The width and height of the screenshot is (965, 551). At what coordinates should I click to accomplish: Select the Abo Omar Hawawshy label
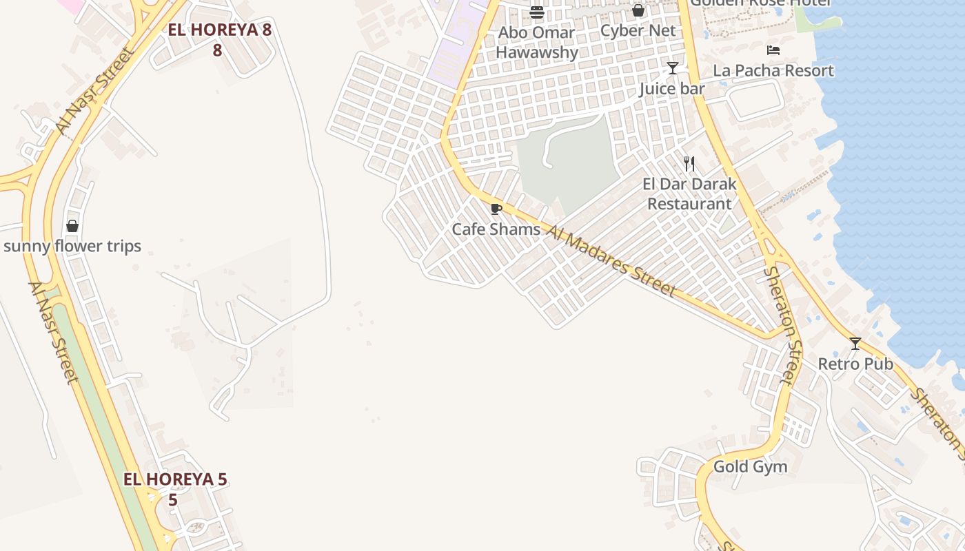point(536,42)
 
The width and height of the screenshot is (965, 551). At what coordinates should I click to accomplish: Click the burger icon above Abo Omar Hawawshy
point(537,12)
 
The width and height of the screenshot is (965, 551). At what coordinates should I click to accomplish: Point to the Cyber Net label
point(638,30)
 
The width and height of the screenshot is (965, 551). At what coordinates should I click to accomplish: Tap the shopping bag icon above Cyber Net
point(638,10)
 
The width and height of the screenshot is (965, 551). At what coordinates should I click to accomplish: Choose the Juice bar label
point(672,89)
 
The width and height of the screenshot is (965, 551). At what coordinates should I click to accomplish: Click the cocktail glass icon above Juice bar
point(673,68)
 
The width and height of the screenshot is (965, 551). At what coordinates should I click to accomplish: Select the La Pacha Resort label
point(773,70)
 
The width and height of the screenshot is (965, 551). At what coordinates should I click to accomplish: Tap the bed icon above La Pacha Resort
point(773,50)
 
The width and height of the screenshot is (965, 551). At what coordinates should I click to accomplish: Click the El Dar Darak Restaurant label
point(689,194)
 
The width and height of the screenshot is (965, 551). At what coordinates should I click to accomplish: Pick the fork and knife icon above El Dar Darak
point(689,164)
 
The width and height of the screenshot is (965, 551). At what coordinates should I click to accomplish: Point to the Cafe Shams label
point(496,229)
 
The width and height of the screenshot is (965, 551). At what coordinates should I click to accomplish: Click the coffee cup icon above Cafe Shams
point(496,209)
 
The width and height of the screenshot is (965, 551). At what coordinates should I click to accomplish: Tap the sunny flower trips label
point(72,246)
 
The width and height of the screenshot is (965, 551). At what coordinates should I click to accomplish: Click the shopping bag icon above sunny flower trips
point(72,226)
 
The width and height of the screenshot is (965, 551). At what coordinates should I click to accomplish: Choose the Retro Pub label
point(855,364)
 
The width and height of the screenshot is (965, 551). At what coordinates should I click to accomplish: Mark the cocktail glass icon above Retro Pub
point(855,343)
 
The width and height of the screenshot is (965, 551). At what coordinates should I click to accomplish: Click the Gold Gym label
point(750,466)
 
